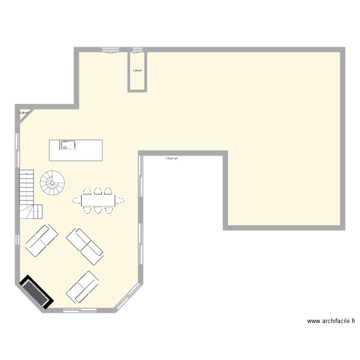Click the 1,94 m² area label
pos(137,71)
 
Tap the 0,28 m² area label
pos(24,113)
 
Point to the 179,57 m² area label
pos(171,158)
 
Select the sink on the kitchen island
pos(68,144)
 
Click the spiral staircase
pos(52,183)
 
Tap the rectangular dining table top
pos(98,200)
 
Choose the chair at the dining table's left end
pos(76,200)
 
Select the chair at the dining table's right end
pos(120,200)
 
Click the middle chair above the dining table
pos(98,191)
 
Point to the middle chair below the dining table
pos(98,209)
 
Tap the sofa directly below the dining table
pos(85,246)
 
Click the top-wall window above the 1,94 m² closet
pos(137,49)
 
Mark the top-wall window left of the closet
pos(111,49)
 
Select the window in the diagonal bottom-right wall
pos(128,298)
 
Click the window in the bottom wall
pos(78,310)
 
